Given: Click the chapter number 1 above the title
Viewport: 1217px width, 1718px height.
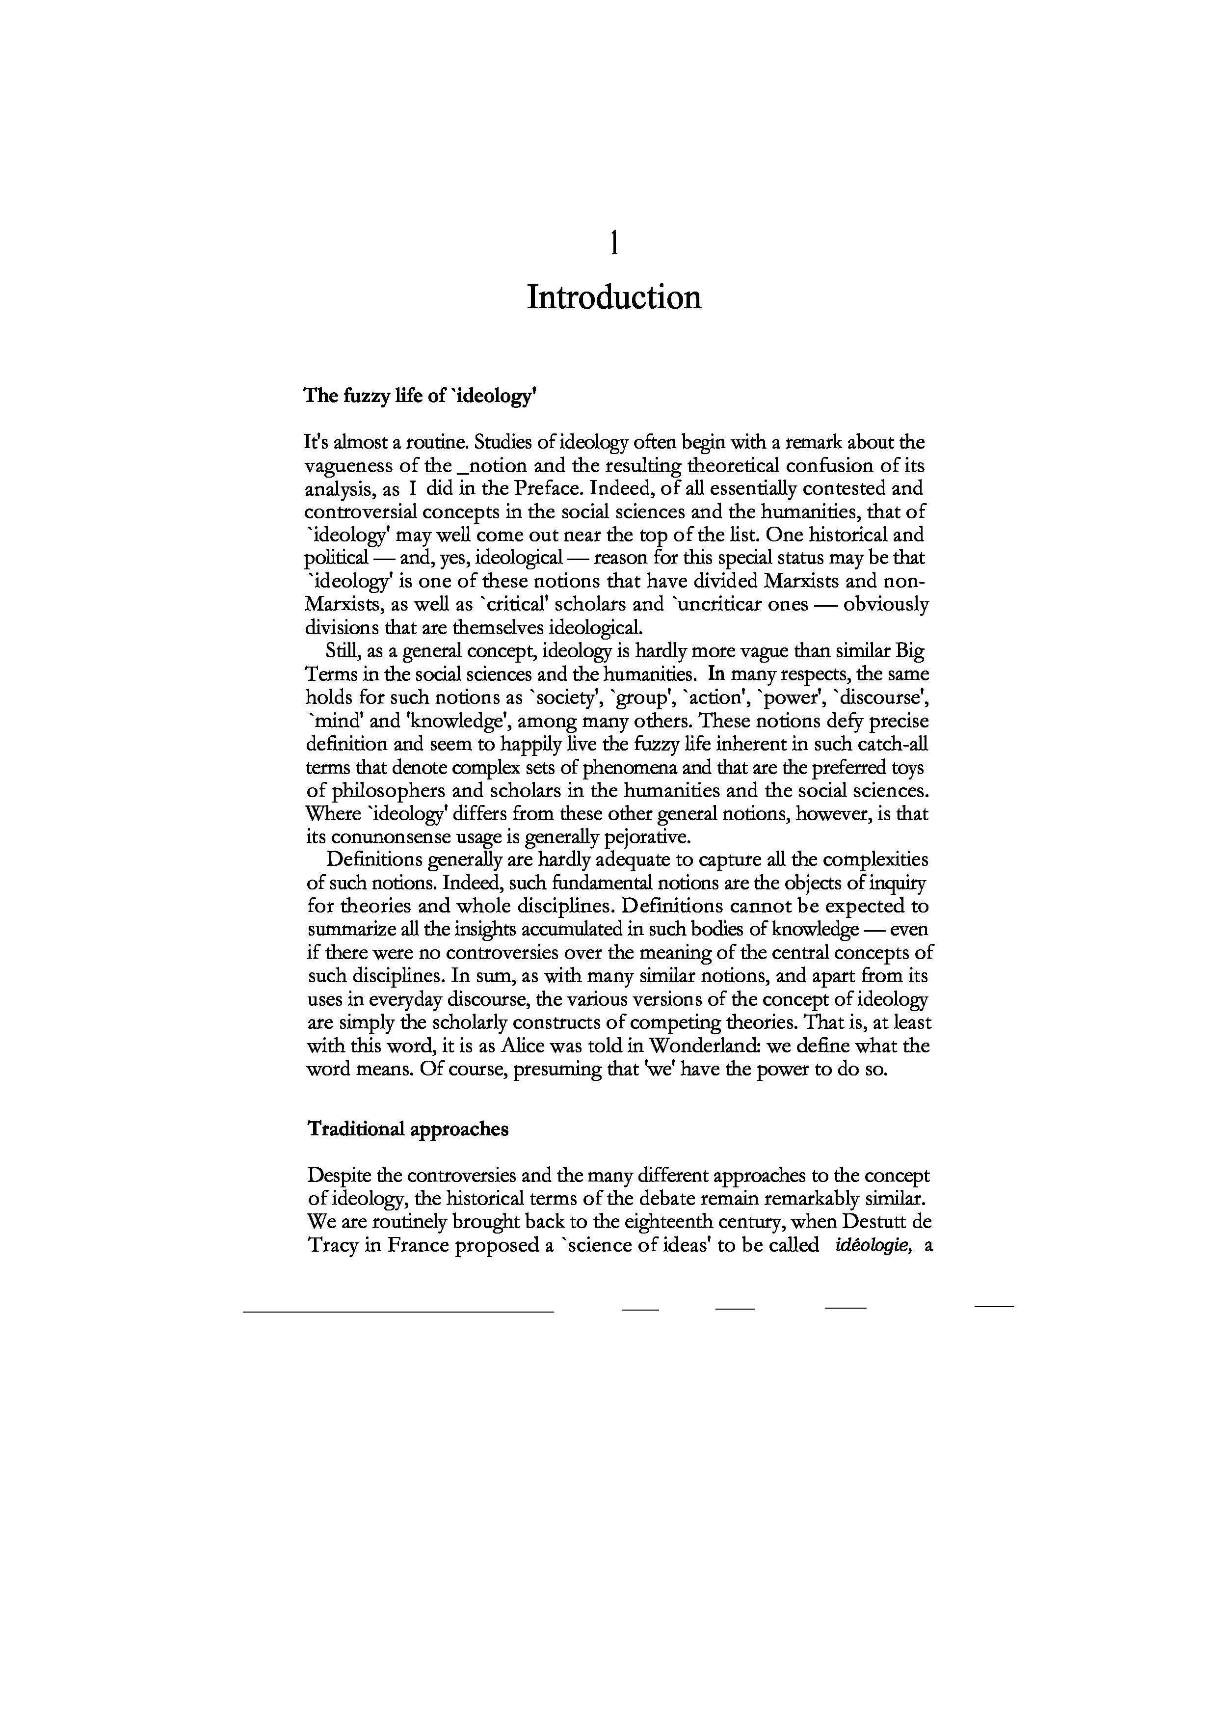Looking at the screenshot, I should [614, 243].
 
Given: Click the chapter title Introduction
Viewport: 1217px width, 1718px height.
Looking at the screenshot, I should [614, 297].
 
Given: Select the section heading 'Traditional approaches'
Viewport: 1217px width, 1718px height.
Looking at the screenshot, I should [408, 1129].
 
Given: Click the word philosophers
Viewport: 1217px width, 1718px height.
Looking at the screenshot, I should [385, 790].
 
